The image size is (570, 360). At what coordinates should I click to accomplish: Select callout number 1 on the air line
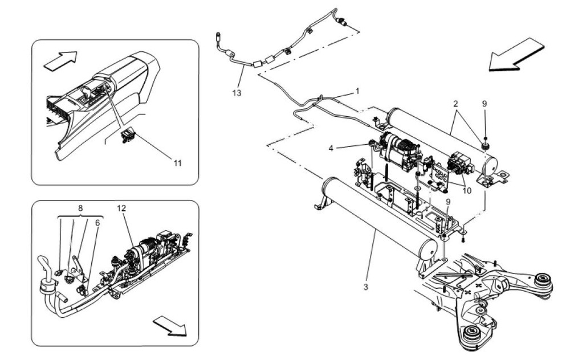point(358,91)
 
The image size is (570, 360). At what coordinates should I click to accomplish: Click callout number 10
point(467,190)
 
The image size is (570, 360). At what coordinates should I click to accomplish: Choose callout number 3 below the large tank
point(366,287)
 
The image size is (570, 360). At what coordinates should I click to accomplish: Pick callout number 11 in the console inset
point(177,163)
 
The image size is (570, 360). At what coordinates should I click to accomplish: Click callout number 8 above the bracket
point(80,208)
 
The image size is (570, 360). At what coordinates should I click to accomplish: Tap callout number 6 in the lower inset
point(97,223)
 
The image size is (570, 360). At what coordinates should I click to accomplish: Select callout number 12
point(121,208)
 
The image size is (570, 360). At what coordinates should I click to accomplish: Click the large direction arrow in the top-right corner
point(516,55)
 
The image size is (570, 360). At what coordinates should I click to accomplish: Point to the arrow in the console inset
point(60,60)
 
